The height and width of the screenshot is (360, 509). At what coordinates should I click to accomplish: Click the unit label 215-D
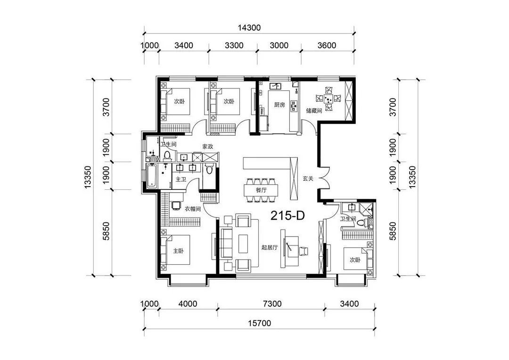(x=287, y=215)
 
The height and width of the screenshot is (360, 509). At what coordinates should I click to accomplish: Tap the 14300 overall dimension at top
(x=249, y=28)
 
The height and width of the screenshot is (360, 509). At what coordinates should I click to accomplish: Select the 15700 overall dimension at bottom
(x=259, y=323)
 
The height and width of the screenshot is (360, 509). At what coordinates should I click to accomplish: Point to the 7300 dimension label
(x=272, y=304)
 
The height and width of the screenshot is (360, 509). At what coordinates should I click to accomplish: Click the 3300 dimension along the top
(x=234, y=45)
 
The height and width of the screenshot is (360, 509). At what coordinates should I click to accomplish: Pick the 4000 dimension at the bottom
(x=188, y=304)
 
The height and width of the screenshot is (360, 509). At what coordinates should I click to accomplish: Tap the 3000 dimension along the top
(x=279, y=45)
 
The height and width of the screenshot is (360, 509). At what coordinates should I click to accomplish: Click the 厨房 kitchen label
(x=279, y=105)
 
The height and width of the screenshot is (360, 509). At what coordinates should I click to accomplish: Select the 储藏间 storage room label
(x=314, y=111)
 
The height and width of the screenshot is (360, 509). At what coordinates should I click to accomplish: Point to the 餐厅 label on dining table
(x=261, y=190)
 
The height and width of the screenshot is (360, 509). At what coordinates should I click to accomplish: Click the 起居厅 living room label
(x=270, y=248)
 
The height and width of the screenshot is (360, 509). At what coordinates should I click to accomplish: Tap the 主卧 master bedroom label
(x=178, y=251)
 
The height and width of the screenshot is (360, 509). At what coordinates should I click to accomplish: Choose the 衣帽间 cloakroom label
(x=193, y=209)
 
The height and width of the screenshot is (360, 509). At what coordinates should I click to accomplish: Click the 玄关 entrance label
(x=308, y=178)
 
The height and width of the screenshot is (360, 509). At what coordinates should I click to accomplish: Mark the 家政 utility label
(x=208, y=147)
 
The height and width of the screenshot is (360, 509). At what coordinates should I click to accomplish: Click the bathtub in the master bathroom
(x=152, y=176)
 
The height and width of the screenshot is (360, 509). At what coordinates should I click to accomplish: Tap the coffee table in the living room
(x=244, y=244)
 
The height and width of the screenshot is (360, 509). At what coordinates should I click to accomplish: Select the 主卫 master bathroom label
(x=181, y=179)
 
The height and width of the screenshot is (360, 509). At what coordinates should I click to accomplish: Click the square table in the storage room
(x=328, y=98)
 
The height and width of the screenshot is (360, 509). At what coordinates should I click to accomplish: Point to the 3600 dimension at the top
(x=327, y=45)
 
